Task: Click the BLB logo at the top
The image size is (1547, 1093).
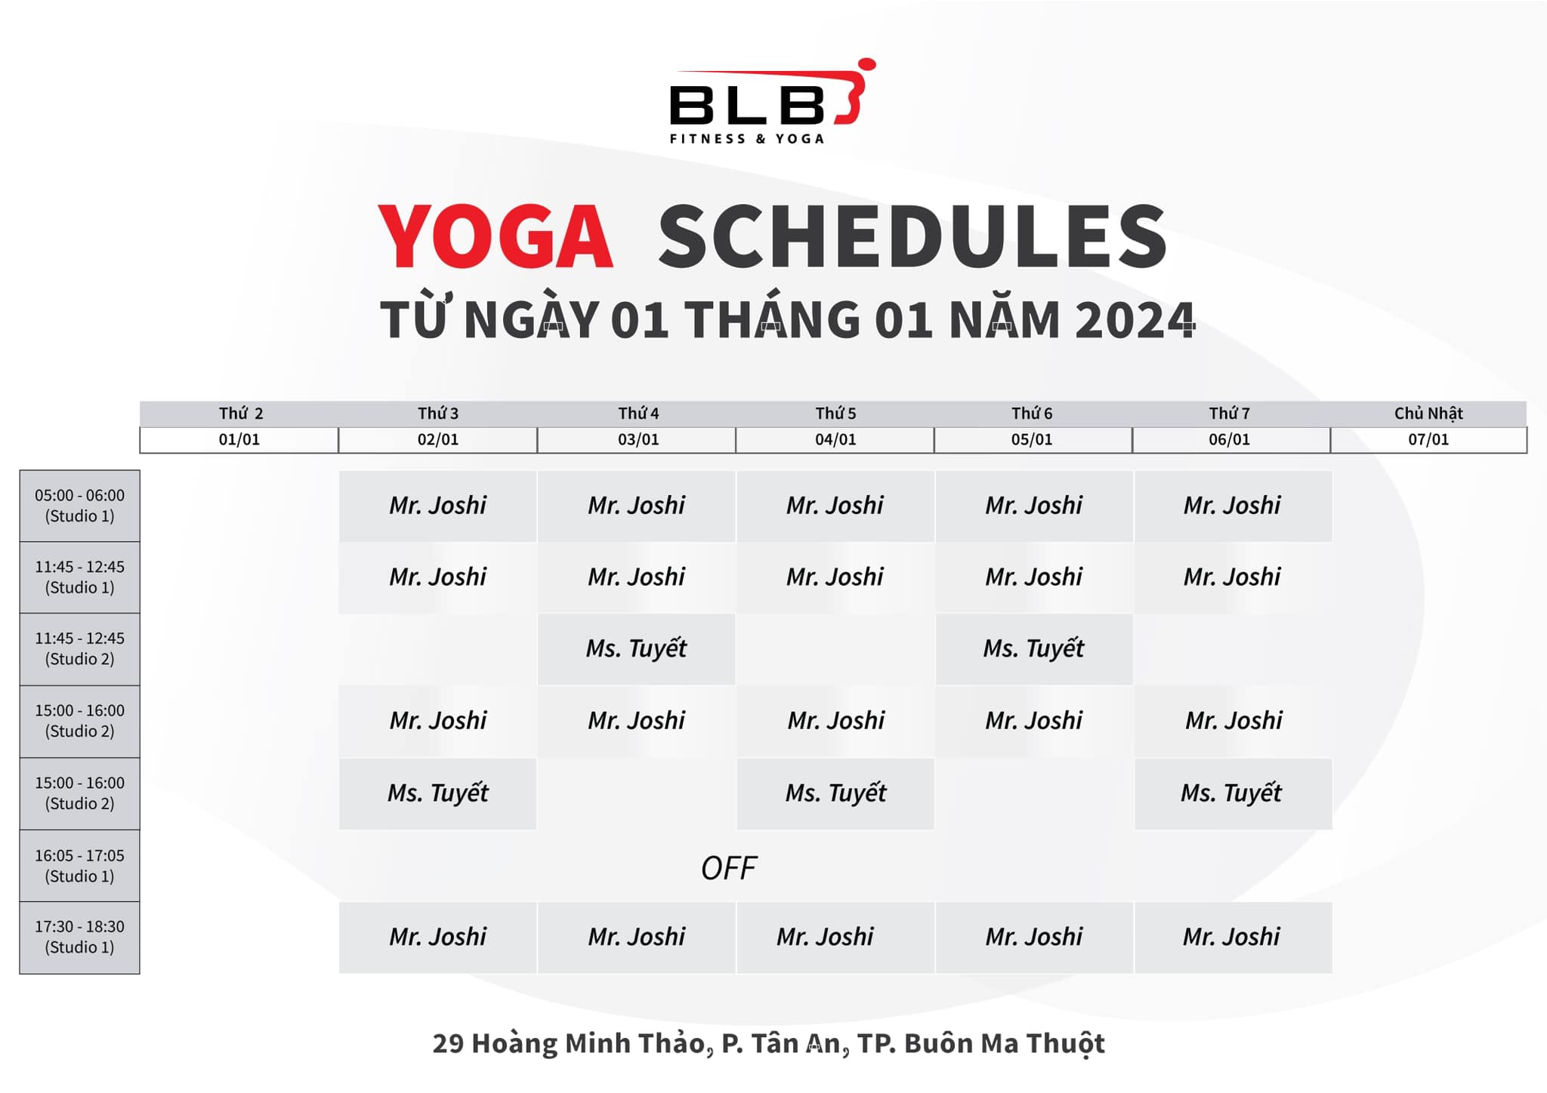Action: click(x=770, y=102)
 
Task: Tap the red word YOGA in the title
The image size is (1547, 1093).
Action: click(x=496, y=237)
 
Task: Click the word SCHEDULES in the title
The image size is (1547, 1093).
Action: click(x=912, y=237)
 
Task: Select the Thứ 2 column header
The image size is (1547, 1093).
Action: click(x=240, y=414)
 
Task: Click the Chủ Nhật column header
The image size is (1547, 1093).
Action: click(x=1428, y=414)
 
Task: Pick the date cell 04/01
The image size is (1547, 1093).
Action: click(x=835, y=439)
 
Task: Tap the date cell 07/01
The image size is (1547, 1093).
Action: click(x=1428, y=439)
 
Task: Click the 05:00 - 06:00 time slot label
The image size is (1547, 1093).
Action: click(x=79, y=506)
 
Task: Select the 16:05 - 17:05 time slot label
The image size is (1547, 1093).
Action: click(x=79, y=866)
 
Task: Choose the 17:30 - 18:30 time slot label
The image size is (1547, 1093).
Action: click(x=79, y=937)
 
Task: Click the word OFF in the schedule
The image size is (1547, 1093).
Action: click(x=728, y=868)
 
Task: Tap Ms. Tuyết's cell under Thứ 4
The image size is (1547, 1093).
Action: click(x=636, y=648)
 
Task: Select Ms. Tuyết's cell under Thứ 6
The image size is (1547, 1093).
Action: click(x=1033, y=648)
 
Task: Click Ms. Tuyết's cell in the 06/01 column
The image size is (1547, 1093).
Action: click(x=1231, y=793)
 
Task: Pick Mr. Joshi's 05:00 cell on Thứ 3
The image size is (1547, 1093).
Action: click(x=438, y=506)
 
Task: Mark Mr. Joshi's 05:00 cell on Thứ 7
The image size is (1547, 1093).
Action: click(x=1232, y=506)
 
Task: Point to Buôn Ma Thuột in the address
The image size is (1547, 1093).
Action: click(x=1004, y=1043)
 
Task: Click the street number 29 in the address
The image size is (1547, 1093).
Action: click(x=447, y=1043)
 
